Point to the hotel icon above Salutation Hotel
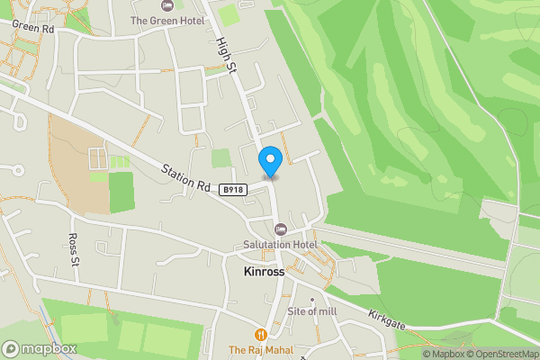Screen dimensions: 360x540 coord(280,229)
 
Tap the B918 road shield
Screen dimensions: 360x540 coord(233,189)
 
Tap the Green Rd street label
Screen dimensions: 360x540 coord(34,27)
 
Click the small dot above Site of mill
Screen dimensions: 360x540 coord(312,300)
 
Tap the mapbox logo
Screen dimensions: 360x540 coord(40,348)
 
